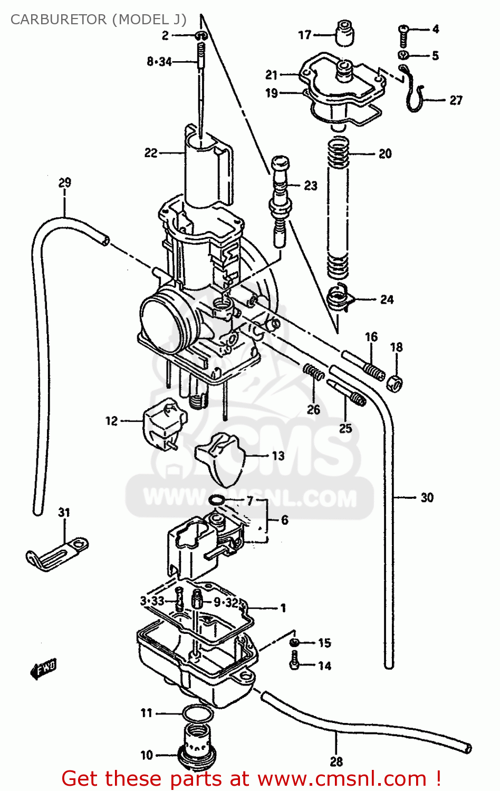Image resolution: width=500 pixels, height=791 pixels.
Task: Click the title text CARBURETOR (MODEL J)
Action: point(98,20)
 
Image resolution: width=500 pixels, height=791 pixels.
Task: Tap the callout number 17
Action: point(305,35)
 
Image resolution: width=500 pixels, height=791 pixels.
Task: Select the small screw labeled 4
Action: point(404,32)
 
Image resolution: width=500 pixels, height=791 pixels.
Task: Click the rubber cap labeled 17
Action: point(344,34)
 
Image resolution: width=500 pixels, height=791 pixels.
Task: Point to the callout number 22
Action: point(151,153)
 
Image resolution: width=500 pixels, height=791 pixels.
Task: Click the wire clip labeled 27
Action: point(415,95)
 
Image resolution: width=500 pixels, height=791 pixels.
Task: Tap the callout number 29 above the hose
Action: point(64,183)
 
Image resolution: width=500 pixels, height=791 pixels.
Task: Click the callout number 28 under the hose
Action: point(336,761)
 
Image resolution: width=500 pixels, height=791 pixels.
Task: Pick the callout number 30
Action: point(427,497)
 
